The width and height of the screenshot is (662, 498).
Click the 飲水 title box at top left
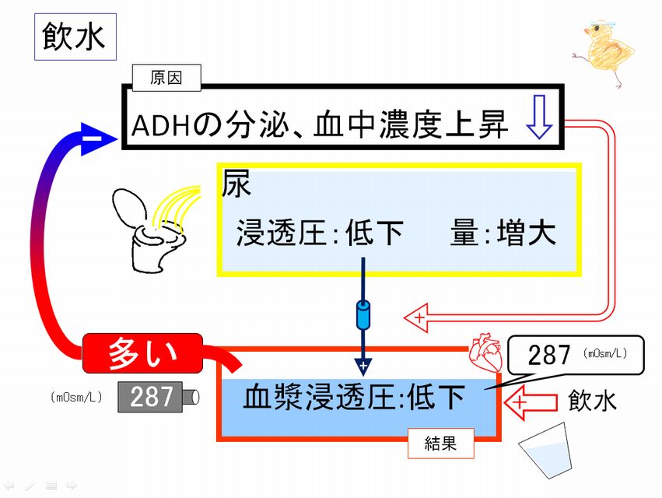pyautogui.click(x=75, y=37)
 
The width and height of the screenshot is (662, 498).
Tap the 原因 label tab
pyautogui.click(x=166, y=78)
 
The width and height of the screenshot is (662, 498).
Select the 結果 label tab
pyautogui.click(x=440, y=443)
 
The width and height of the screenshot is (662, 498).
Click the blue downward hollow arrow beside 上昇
pyautogui.click(x=539, y=117)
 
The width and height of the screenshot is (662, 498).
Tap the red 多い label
pyautogui.click(x=142, y=353)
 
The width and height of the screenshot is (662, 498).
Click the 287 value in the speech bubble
pyautogui.click(x=548, y=354)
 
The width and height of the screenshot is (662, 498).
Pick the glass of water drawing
pyautogui.click(x=546, y=451)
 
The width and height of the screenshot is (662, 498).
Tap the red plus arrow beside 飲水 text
pyautogui.click(x=531, y=402)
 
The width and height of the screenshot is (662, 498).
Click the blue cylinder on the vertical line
pyautogui.click(x=363, y=315)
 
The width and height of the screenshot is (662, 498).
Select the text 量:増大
pyautogui.click(x=503, y=233)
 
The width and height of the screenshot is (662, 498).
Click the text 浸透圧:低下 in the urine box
pyautogui.click(x=319, y=233)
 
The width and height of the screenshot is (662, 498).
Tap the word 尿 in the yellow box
pyautogui.click(x=236, y=183)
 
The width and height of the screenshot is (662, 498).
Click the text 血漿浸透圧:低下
pyautogui.click(x=354, y=397)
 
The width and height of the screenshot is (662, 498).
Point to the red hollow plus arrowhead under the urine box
pyautogui.click(x=417, y=317)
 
